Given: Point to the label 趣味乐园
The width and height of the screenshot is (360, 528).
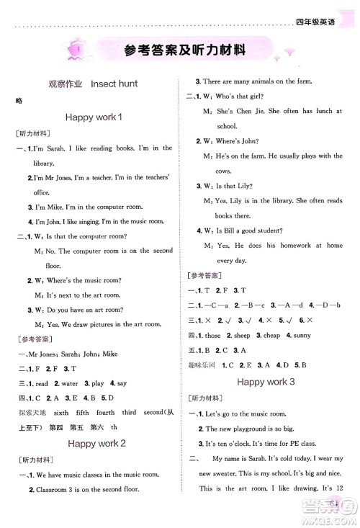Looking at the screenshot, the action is click(203, 365).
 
